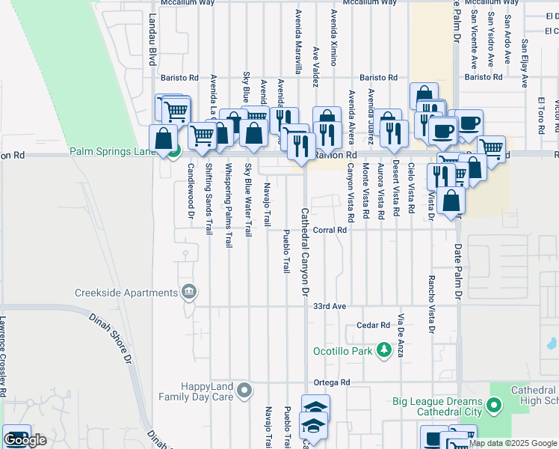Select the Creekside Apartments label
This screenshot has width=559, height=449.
[125, 292]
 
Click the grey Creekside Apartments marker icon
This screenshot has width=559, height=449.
[189, 291]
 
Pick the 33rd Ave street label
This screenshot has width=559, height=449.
[330, 307]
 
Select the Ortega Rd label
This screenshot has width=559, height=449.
[332, 382]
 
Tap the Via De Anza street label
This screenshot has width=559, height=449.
[401, 335]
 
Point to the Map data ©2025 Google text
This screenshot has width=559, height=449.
[513, 443]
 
